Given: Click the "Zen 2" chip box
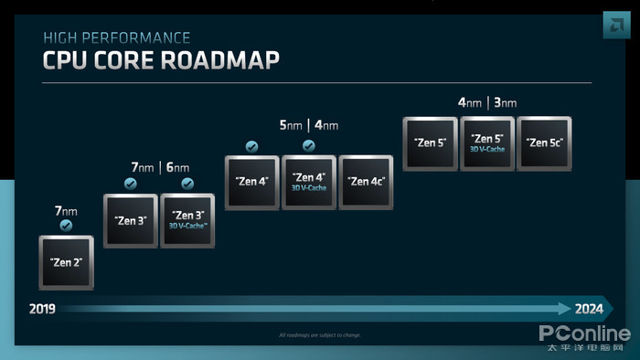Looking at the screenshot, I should click(66, 262).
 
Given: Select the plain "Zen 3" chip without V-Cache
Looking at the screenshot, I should click(131, 220).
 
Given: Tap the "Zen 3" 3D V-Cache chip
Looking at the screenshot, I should click(187, 220).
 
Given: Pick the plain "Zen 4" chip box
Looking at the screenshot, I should click(251, 182).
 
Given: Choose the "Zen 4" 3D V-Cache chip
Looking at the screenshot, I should click(308, 182).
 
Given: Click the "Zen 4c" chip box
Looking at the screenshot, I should click(366, 182).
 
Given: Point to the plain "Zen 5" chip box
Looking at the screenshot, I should click(430, 143).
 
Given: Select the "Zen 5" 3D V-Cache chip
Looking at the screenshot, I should click(487, 143).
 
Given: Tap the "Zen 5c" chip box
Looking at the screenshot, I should click(544, 143).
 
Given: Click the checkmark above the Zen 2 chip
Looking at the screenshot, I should click(65, 225).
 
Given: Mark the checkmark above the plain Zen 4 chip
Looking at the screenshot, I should click(251, 146).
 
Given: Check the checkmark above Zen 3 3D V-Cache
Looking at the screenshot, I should click(187, 184).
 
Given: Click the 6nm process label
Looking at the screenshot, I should click(178, 167).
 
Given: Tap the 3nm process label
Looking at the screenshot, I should click(506, 102).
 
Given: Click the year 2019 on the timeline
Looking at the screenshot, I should click(42, 309).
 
